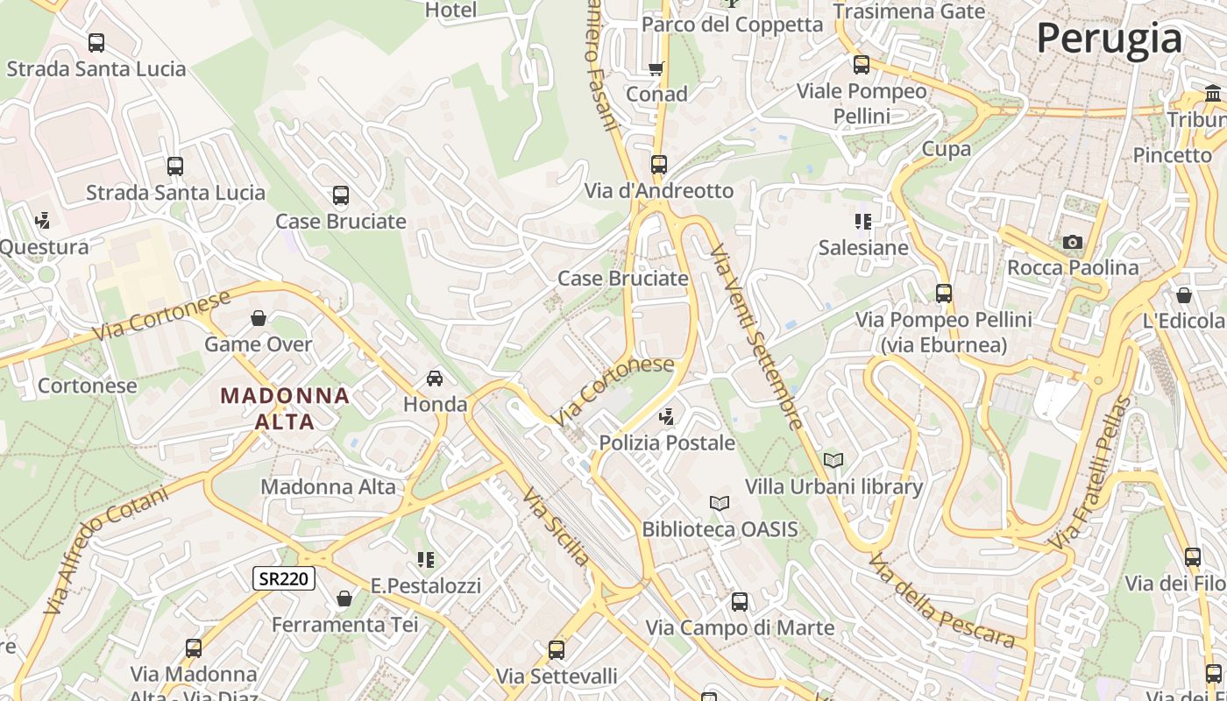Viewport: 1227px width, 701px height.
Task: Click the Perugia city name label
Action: (x=1110, y=39)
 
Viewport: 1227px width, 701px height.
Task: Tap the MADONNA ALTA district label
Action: (x=285, y=408)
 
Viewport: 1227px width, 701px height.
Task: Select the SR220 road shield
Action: (x=283, y=578)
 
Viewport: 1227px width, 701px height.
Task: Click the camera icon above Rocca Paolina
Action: (x=1072, y=243)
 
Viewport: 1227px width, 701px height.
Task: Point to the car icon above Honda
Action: (x=435, y=379)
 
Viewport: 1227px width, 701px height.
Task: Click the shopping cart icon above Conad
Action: (x=656, y=68)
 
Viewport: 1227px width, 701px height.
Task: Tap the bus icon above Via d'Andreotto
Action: (x=658, y=165)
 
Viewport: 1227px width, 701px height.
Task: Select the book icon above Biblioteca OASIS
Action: (x=720, y=504)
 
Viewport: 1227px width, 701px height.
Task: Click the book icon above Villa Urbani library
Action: (x=833, y=461)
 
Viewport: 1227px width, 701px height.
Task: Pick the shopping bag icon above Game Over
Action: (x=259, y=318)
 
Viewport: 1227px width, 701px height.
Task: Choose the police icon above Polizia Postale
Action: (x=667, y=417)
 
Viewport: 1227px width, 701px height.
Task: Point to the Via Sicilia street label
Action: (x=557, y=526)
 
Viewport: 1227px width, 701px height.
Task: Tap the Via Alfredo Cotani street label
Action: (x=106, y=549)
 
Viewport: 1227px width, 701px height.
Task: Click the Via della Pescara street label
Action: (x=942, y=601)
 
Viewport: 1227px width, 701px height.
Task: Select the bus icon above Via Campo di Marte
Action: (x=740, y=602)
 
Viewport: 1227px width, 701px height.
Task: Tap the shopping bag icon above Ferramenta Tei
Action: (x=344, y=598)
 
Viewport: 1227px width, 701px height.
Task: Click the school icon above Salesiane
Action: (x=863, y=222)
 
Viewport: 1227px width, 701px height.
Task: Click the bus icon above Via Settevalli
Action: (x=556, y=650)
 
